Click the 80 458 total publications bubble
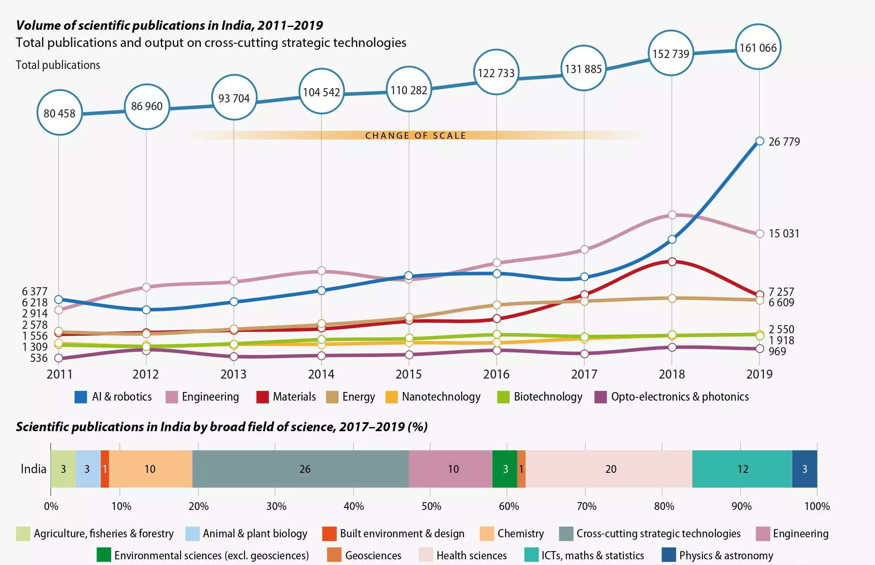click(59, 113)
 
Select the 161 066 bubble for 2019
click(758, 47)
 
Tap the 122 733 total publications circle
click(496, 73)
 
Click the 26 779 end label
click(784, 142)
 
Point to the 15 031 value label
click(784, 233)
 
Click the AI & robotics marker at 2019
click(760, 141)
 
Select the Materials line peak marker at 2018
click(672, 261)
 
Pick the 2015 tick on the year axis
click(409, 374)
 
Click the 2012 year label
click(145, 374)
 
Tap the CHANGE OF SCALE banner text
click(416, 135)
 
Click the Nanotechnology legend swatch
click(391, 397)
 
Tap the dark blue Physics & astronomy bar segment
click(805, 469)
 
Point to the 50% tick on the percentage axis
click(431, 506)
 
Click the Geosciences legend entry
click(373, 555)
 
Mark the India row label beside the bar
click(33, 469)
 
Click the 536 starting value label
click(39, 358)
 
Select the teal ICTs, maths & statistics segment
click(742, 469)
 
